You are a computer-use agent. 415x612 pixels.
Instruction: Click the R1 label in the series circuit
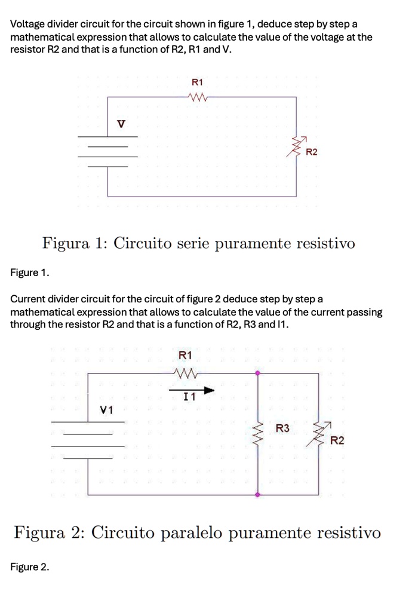(x=197, y=82)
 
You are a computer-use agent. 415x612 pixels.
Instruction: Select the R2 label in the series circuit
(x=312, y=152)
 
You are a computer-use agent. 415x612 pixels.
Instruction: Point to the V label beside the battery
(x=121, y=124)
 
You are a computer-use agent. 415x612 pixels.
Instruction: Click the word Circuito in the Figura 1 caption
(x=144, y=244)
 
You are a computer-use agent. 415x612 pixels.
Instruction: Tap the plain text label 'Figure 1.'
(x=30, y=273)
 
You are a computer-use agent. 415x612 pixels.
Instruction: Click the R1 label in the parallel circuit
(x=186, y=356)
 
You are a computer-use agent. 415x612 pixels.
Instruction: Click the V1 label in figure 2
(x=107, y=410)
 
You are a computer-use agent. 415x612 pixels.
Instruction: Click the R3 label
(x=282, y=428)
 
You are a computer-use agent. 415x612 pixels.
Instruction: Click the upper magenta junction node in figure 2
(x=257, y=373)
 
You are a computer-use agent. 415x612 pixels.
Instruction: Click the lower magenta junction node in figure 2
(x=257, y=495)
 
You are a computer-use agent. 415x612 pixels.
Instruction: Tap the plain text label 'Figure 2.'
(x=30, y=567)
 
